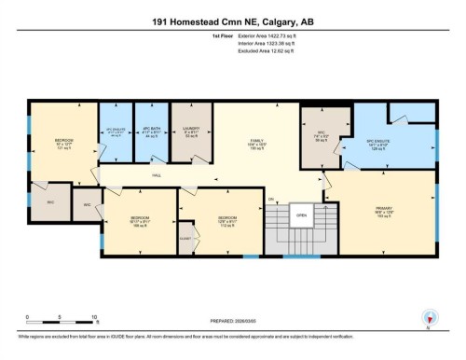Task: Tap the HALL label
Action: [x=157, y=173]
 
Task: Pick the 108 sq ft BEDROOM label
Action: [x=140, y=223]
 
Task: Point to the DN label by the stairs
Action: [x=271, y=199]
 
